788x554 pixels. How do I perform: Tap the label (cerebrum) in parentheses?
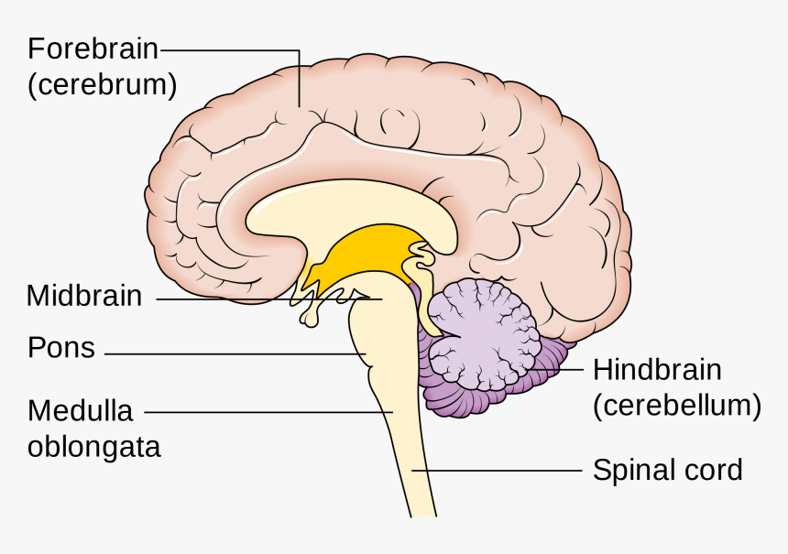click(x=102, y=85)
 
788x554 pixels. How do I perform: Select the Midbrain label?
click(x=84, y=296)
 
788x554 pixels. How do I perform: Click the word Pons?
click(x=60, y=348)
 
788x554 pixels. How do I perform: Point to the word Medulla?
click(x=80, y=409)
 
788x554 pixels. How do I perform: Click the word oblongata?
click(x=94, y=447)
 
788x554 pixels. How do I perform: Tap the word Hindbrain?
click(x=657, y=370)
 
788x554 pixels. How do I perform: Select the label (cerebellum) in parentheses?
click(x=676, y=406)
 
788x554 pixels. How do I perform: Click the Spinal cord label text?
click(x=667, y=471)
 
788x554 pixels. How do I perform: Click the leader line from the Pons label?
click(x=229, y=354)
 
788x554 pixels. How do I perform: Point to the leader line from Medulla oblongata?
click(x=266, y=412)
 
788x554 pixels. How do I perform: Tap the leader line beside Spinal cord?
click(x=499, y=471)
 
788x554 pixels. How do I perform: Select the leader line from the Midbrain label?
click(x=266, y=299)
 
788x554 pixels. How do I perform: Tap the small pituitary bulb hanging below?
click(x=310, y=318)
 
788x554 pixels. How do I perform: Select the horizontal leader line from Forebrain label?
click(x=229, y=49)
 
